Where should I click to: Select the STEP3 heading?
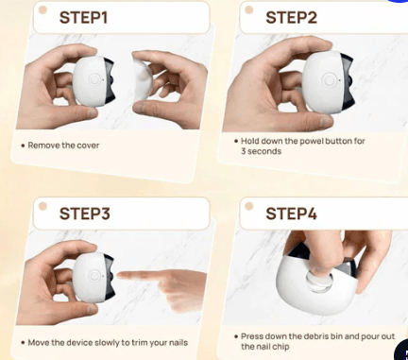(x=85, y=213)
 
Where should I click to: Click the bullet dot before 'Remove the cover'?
(x=23, y=146)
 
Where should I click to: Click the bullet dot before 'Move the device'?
(x=23, y=342)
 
